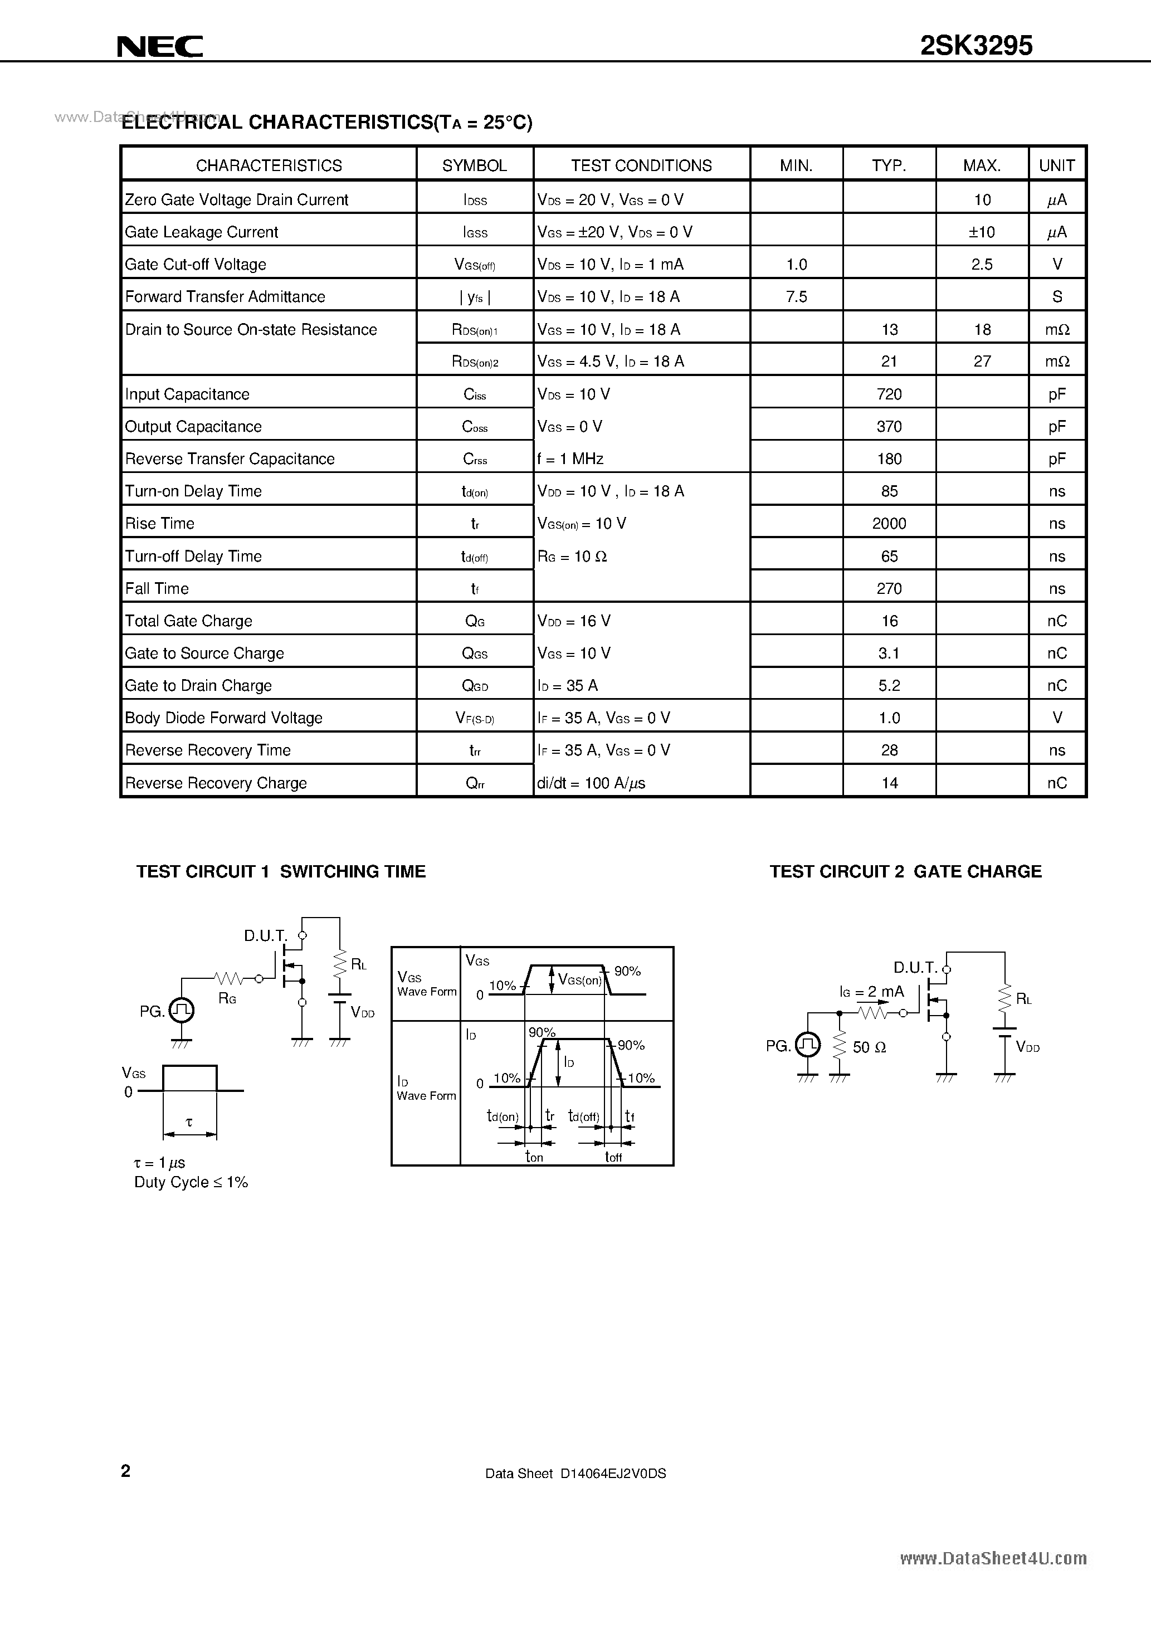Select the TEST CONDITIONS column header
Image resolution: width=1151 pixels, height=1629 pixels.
tap(641, 165)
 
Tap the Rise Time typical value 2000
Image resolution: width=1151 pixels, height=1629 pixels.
tap(889, 524)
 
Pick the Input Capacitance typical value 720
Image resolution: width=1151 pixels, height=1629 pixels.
tap(889, 394)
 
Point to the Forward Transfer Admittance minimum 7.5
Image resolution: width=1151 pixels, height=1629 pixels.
tap(796, 296)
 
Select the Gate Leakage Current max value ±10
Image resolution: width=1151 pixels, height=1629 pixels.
tap(982, 232)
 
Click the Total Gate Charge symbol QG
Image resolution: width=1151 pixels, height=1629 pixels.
tap(475, 622)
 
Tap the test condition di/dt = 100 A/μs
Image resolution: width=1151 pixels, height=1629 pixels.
tap(591, 783)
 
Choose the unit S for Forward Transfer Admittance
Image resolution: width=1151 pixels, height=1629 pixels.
tap(1057, 296)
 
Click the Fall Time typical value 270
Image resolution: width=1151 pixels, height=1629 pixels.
tap(889, 589)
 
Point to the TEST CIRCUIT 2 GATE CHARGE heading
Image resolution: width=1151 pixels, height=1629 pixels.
tap(905, 871)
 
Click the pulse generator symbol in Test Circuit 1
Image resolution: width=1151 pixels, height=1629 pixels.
tap(182, 1010)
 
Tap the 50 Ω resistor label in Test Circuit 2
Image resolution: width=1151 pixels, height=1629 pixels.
tap(869, 1048)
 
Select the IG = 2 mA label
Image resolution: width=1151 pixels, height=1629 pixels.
tap(871, 992)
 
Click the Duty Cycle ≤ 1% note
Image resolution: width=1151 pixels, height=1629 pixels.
tap(191, 1182)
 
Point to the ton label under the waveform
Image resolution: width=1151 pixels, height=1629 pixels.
tap(534, 1157)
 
